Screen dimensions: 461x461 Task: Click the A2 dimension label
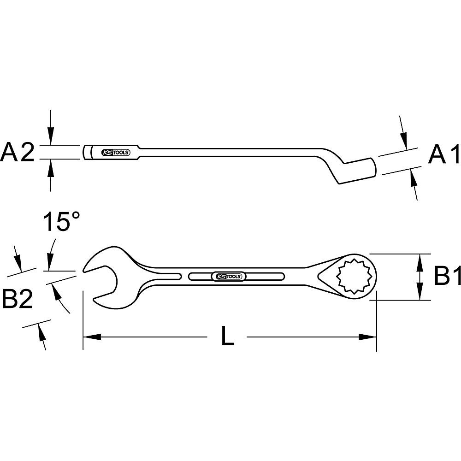pyautogui.click(x=18, y=153)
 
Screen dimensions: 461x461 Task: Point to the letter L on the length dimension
pyautogui.click(x=227, y=337)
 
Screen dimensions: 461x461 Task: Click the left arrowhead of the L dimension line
pyautogui.click(x=92, y=337)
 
